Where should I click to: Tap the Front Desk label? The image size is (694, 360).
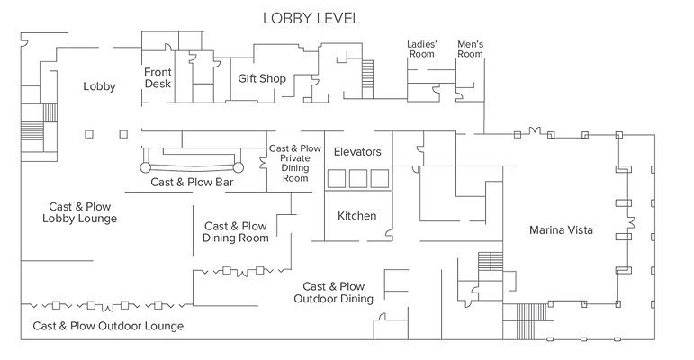coord(158,78)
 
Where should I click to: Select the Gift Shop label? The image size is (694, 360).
coord(262,79)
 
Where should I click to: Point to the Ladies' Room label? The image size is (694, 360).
coord(421,49)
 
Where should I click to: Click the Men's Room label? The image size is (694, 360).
coord(471,49)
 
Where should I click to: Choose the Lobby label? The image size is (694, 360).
coord(99,86)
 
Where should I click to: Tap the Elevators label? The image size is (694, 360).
coord(357,152)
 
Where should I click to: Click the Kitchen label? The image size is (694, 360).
coord(356,216)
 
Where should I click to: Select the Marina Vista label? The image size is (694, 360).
coord(560,230)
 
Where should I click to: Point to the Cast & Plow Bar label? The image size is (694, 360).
coord(192,182)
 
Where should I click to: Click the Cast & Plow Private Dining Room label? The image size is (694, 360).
coord(295,163)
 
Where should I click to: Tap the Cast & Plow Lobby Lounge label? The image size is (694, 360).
coord(79,212)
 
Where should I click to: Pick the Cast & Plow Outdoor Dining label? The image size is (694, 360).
coord(333,292)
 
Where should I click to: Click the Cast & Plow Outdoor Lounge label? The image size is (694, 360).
coord(108,326)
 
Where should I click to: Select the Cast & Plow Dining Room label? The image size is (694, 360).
coord(236,232)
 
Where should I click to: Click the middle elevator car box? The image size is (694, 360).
coord(357,179)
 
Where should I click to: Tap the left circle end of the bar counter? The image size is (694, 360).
coord(144,166)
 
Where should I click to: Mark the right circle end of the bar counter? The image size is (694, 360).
coord(239,166)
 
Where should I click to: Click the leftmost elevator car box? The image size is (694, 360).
coord(337,179)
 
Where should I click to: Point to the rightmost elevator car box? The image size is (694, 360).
coord(378,179)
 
